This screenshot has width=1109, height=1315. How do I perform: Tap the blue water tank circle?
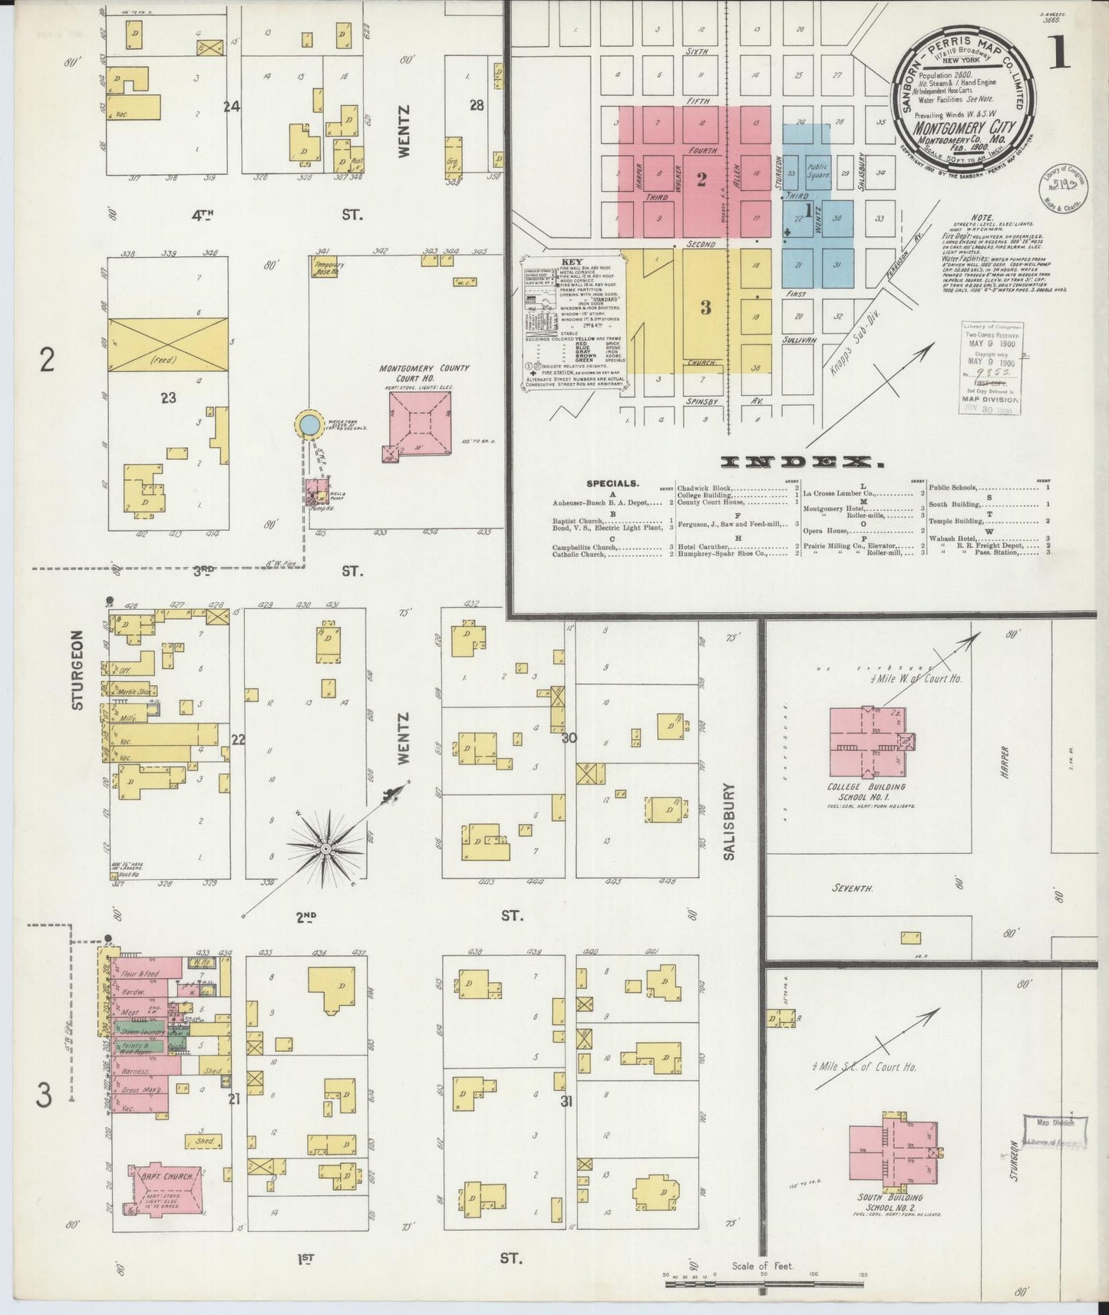[x=308, y=424]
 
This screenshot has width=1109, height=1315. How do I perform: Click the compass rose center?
[x=325, y=849]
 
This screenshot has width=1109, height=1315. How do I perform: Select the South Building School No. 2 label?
[x=890, y=1202]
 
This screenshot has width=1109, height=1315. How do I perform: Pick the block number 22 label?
[x=238, y=740]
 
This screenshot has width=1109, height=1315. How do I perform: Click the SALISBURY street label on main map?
[x=728, y=821]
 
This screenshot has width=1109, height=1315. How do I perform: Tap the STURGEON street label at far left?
[x=77, y=671]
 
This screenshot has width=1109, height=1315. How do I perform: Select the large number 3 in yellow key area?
[x=705, y=308]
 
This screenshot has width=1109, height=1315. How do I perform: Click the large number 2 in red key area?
[x=701, y=180]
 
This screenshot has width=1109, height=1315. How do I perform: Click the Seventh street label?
[x=853, y=888]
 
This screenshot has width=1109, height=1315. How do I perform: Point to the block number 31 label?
[x=566, y=1102]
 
